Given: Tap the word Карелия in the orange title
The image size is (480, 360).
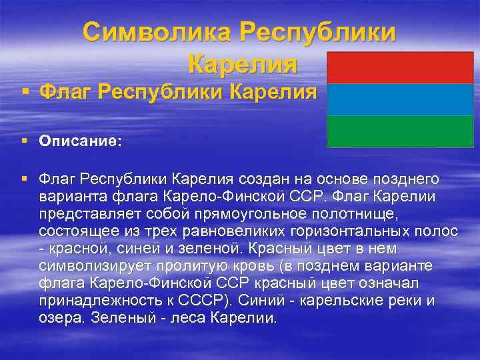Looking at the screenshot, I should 243,65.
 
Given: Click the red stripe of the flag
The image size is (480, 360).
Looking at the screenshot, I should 400,68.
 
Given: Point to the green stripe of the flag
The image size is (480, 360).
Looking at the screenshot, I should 400,131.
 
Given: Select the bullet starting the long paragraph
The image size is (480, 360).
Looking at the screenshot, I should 24,179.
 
